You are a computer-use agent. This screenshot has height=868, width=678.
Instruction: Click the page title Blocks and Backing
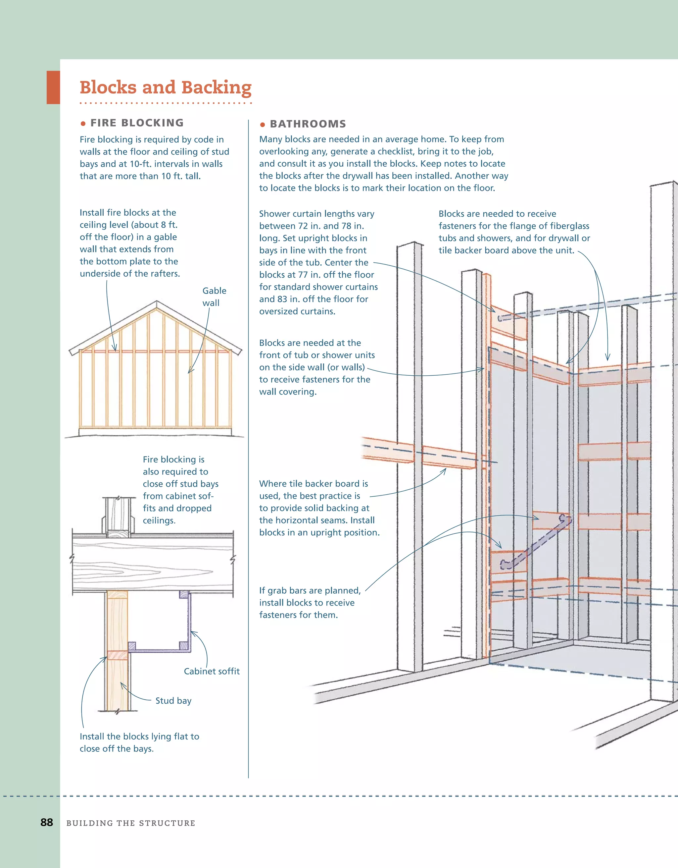165,87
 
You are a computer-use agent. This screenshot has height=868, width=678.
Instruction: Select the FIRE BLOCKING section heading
137,123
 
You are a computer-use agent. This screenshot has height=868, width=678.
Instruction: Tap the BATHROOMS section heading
308,124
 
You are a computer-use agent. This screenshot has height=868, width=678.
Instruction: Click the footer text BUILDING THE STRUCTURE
131,823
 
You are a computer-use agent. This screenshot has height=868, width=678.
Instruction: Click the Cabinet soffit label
211,671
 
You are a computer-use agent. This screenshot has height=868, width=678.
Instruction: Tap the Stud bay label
173,701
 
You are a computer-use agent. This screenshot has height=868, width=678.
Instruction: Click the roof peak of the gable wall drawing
157,303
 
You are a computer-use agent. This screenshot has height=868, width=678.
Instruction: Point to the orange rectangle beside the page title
53,87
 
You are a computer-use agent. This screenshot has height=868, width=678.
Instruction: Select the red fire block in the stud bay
117,655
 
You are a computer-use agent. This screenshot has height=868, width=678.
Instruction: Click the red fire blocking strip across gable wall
155,351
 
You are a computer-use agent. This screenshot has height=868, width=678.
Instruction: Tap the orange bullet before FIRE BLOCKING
83,124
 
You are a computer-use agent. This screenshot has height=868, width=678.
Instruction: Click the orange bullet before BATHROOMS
262,125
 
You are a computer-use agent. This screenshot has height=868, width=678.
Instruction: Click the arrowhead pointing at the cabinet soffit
193,632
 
